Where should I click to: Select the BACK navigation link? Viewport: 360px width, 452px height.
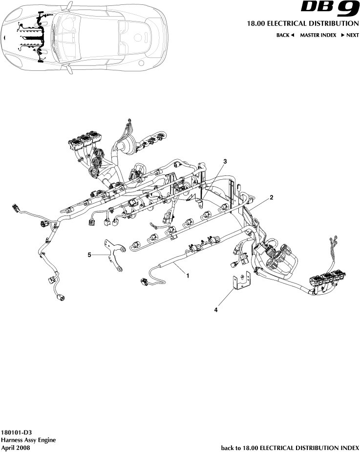pyautogui.click(x=283, y=35)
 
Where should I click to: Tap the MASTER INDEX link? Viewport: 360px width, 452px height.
pyautogui.click(x=318, y=35)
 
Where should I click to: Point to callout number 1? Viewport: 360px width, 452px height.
pyautogui.click(x=188, y=275)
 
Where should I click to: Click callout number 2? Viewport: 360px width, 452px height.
pyautogui.click(x=272, y=197)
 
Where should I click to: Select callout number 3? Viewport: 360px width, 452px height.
pyautogui.click(x=225, y=161)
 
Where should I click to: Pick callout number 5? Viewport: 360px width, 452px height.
pyautogui.click(x=89, y=254)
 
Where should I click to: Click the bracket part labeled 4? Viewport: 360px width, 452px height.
pyautogui.click(x=241, y=281)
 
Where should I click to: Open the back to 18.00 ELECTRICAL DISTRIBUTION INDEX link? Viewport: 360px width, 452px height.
pyautogui.click(x=290, y=447)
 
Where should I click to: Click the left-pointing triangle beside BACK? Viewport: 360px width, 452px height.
pyautogui.click(x=293, y=35)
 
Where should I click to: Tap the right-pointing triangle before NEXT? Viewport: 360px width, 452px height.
pyautogui.click(x=343, y=35)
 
